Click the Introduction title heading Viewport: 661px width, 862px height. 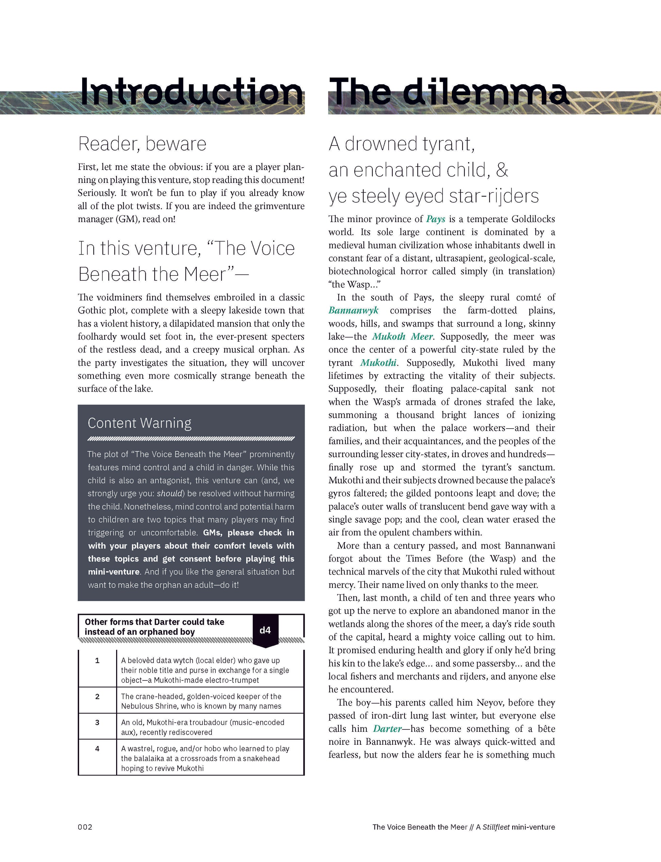pyautogui.click(x=192, y=92)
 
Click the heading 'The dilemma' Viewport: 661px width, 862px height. pyautogui.click(x=448, y=92)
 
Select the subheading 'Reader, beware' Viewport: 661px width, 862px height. pyautogui.click(x=142, y=144)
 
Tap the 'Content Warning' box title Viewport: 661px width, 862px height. pyautogui.click(x=139, y=423)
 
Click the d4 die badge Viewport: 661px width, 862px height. pyautogui.click(x=265, y=630)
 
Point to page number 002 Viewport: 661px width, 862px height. pyautogui.click(x=85, y=827)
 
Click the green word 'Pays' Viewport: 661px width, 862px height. pyautogui.click(x=435, y=219)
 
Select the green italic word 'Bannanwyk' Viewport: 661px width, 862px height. pyautogui.click(x=353, y=311)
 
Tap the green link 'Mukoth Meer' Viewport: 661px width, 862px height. pyautogui.click(x=403, y=337)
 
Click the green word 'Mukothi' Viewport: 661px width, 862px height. pyautogui.click(x=378, y=363)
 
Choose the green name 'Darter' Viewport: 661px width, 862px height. pyautogui.click(x=387, y=728)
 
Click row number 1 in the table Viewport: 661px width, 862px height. pyautogui.click(x=97, y=660)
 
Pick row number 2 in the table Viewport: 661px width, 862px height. pyautogui.click(x=97, y=696)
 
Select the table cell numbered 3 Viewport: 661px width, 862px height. pyautogui.click(x=97, y=722)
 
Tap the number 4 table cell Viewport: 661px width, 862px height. pyautogui.click(x=97, y=748)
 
